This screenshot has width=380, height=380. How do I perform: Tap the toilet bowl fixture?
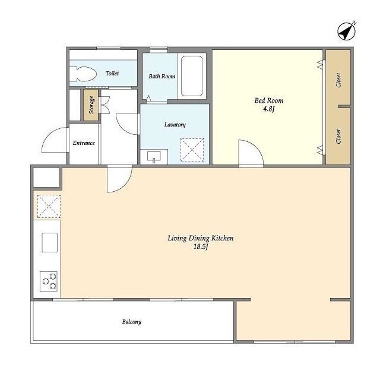(x=83, y=74)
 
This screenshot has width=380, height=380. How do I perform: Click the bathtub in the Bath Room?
(x=191, y=76)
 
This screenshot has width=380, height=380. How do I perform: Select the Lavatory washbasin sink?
(x=154, y=157)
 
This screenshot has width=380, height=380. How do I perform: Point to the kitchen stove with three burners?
(x=49, y=281)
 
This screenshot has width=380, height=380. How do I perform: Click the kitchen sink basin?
(x=50, y=242)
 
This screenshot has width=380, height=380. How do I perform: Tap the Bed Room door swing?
(x=251, y=153)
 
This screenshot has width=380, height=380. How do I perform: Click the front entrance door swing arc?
(x=55, y=140)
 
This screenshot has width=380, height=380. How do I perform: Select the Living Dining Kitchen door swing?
(x=119, y=179)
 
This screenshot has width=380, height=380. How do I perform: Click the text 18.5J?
(x=201, y=247)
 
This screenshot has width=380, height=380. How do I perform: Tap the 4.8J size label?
(x=269, y=109)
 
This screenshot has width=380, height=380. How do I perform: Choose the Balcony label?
(x=132, y=322)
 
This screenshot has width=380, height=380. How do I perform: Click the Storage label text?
(x=91, y=105)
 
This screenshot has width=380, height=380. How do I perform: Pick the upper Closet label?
(x=338, y=80)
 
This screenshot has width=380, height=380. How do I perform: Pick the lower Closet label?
(x=338, y=136)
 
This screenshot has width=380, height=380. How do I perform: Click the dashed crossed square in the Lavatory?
(x=192, y=150)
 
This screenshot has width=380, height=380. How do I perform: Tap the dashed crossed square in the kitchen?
(x=49, y=206)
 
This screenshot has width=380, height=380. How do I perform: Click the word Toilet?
(x=112, y=73)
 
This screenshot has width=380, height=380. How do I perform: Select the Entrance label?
(x=84, y=143)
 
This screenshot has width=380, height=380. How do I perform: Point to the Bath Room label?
(x=162, y=77)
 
